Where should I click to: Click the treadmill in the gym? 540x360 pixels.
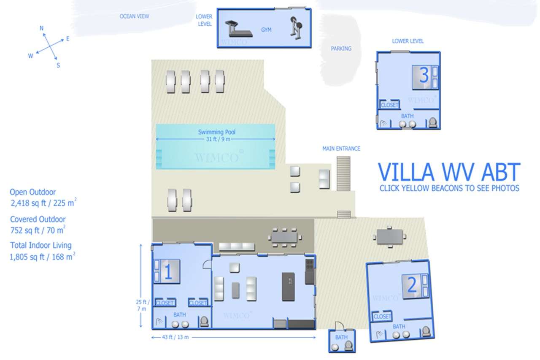coord(239,29)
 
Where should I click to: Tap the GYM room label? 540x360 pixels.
coord(266,30)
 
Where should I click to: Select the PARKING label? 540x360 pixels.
coord(341,49)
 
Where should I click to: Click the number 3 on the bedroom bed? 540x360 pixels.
coord(424,75)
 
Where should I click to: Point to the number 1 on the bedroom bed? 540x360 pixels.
coord(168,271)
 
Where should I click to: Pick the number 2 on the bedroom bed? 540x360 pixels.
coord(411,284)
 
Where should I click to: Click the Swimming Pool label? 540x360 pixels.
coord(216,132)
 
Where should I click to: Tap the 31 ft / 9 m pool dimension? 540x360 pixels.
coord(218,139)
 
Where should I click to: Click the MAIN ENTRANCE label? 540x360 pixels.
coord(341,149)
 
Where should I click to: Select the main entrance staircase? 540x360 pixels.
coord(343,173)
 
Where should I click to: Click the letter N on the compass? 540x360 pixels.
coord(41,28)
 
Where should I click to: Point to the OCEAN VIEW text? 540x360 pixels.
coord(134,16)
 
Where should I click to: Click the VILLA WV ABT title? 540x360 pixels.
coord(449,172)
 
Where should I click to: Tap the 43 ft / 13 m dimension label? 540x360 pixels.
coord(175,337)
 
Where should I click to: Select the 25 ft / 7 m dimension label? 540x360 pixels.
coord(143,305)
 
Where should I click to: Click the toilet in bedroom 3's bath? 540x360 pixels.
coord(433,122)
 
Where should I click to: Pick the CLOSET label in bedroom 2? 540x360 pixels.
coord(382,317)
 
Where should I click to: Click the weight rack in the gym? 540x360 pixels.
coord(296,28)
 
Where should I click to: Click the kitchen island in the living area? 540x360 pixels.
coord(288,287)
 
